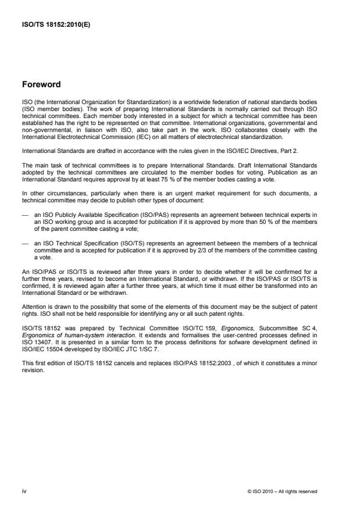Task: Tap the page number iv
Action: [24, 491]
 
